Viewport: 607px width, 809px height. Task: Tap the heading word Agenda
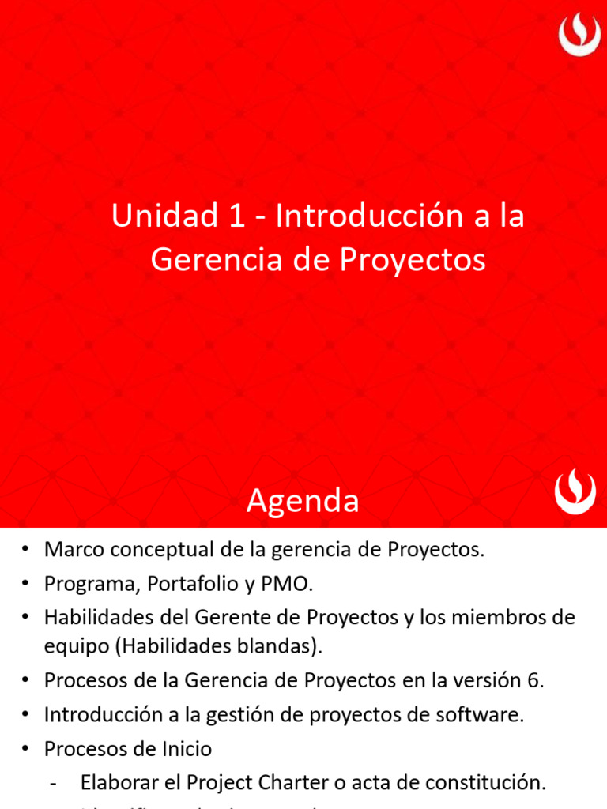303,501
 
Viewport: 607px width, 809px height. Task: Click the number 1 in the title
236,216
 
